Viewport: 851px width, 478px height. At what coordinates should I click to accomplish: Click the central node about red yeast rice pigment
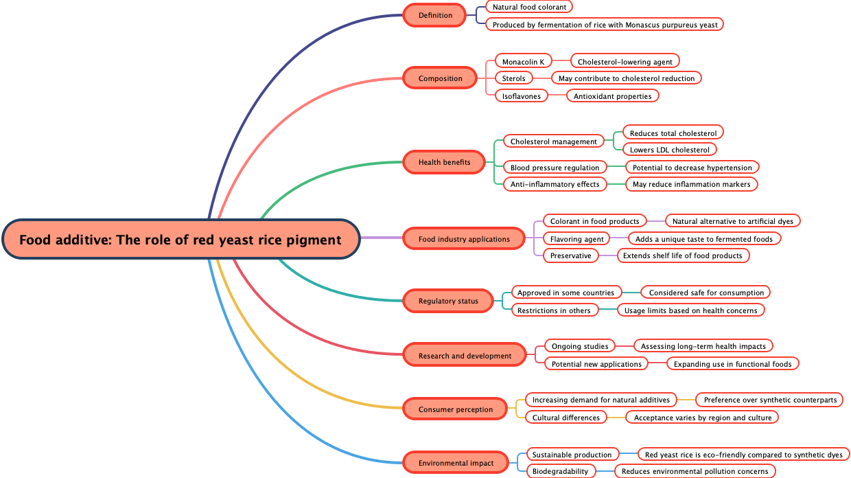pyautogui.click(x=180, y=240)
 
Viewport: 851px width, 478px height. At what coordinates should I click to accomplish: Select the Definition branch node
pyautogui.click(x=436, y=15)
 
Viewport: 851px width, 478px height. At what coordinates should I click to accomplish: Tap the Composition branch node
pyautogui.click(x=440, y=78)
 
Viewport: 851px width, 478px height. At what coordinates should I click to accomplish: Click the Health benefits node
pyautogui.click(x=445, y=162)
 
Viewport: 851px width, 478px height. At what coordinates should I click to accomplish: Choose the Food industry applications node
pyautogui.click(x=464, y=239)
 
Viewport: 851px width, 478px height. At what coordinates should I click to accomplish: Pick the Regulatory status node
pyautogui.click(x=448, y=301)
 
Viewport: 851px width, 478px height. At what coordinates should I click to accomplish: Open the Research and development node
pyautogui.click(x=465, y=356)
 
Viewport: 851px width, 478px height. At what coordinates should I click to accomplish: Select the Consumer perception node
pyautogui.click(x=456, y=409)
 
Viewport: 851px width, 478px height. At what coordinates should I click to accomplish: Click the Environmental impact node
pyautogui.click(x=456, y=463)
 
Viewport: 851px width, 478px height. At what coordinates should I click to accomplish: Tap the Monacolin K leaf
pyautogui.click(x=523, y=62)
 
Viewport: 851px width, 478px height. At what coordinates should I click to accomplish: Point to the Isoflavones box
pyautogui.click(x=522, y=96)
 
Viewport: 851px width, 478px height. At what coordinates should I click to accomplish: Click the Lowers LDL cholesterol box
pyautogui.click(x=669, y=150)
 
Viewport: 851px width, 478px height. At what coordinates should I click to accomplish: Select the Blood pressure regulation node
pyautogui.click(x=555, y=168)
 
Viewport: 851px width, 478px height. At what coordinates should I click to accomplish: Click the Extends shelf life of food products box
pyautogui.click(x=682, y=255)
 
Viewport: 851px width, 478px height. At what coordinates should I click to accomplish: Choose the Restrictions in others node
pyautogui.click(x=554, y=310)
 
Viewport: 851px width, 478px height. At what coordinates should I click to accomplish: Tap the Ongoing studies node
pyautogui.click(x=580, y=346)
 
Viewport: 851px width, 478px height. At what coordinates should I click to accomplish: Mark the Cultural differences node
pyautogui.click(x=566, y=418)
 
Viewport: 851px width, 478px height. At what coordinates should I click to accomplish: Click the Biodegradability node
pyautogui.click(x=560, y=471)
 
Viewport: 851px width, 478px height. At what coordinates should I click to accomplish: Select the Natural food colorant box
pyautogui.click(x=529, y=7)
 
